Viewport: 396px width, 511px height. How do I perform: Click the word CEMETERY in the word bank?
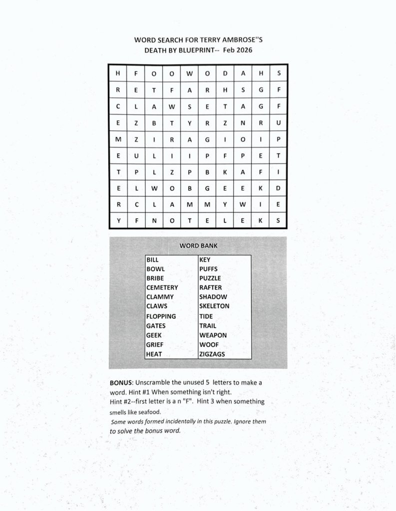coord(162,287)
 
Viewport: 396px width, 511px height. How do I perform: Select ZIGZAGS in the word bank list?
coord(212,354)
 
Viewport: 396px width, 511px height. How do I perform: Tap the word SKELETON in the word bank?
coord(214,306)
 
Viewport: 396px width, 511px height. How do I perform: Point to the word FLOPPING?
coord(161,316)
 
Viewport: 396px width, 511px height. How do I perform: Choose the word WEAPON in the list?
coord(213,335)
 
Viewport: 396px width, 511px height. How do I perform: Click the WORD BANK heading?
coord(198,246)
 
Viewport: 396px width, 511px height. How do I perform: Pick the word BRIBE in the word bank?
coord(155,278)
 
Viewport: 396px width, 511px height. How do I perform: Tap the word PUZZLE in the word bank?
coord(210,278)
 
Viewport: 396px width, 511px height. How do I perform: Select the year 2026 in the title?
coord(248,50)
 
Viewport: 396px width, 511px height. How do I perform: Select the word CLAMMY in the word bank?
coord(160,297)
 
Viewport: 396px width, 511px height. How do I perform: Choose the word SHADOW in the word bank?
coord(213,297)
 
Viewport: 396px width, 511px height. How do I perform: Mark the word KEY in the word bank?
coord(205,259)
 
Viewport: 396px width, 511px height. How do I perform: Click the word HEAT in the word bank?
coord(154,354)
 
